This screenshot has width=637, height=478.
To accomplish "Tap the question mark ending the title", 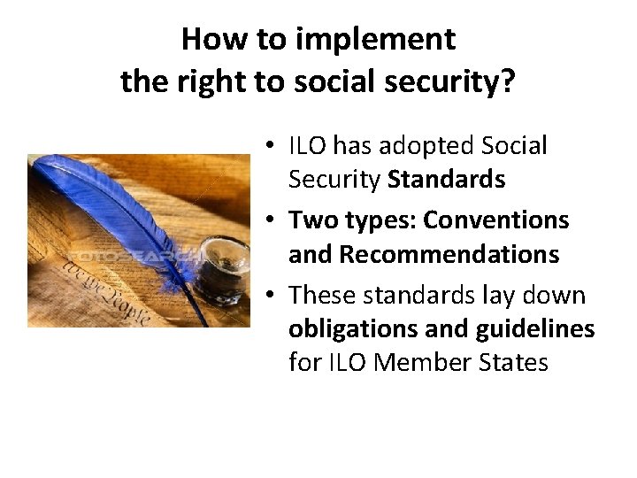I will coord(509,82).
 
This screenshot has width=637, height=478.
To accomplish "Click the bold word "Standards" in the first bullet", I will coord(447,181).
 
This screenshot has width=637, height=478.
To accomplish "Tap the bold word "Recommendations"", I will coord(449,255).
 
